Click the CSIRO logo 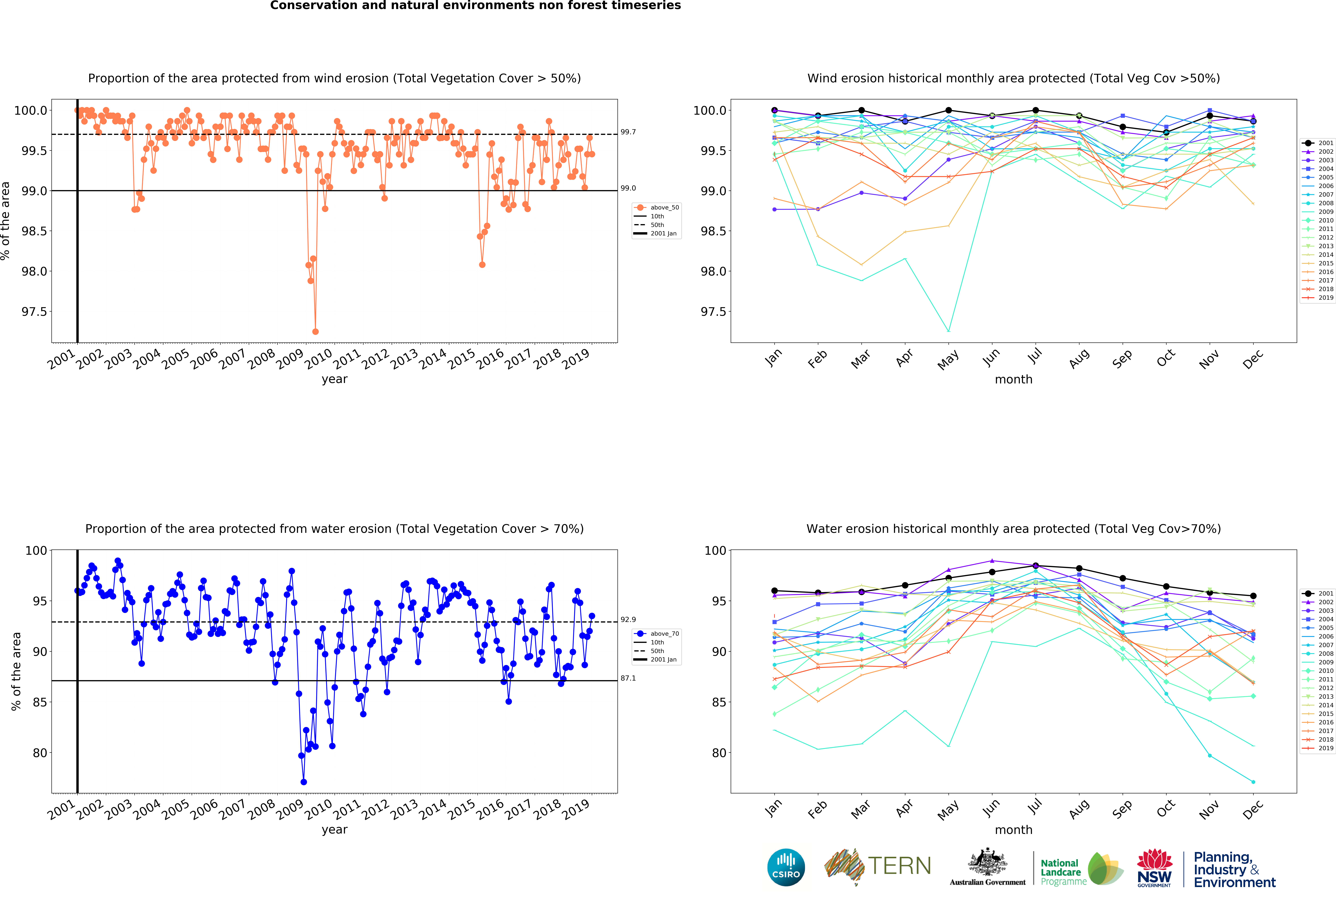786,867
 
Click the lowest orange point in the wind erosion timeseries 315,331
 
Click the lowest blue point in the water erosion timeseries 304,782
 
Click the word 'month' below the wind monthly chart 1013,379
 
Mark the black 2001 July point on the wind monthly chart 1035,110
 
